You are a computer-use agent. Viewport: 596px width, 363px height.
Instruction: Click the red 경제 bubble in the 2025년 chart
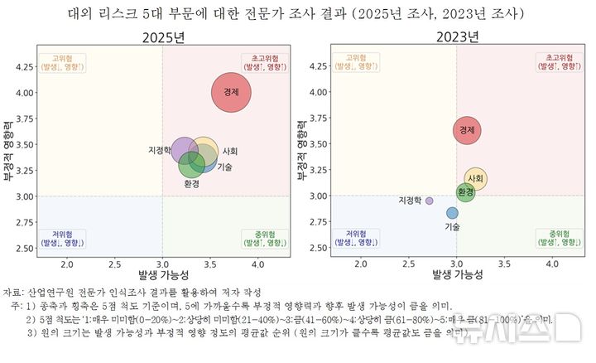tap(237, 94)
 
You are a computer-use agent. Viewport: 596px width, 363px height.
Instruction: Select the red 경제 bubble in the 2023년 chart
tap(467, 129)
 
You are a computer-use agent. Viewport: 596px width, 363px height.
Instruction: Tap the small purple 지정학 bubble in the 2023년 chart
tap(429, 201)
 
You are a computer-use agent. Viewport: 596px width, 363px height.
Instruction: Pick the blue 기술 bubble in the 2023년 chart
tap(452, 213)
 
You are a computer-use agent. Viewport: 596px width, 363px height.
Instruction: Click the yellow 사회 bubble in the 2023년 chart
tap(475, 178)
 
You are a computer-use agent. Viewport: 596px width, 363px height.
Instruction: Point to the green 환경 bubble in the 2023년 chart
tap(466, 192)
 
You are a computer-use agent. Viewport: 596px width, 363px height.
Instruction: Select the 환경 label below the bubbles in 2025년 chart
tap(191, 184)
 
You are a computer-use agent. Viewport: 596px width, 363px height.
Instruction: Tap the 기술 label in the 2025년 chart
tap(224, 167)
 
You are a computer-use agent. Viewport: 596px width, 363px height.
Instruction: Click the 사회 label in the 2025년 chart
tap(230, 152)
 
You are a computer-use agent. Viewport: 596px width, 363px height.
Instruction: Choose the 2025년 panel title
tap(163, 37)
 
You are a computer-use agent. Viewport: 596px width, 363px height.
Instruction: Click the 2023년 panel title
tap(457, 37)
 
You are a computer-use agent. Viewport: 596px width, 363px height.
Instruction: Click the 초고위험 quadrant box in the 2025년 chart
tap(266, 62)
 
